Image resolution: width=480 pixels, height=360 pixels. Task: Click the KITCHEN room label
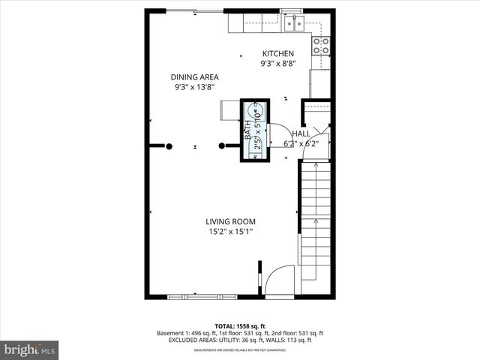click(277, 53)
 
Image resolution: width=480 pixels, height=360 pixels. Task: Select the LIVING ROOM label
click(231, 221)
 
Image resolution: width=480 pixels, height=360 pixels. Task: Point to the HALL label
click(301, 133)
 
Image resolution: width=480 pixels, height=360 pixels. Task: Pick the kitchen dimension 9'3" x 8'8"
click(277, 64)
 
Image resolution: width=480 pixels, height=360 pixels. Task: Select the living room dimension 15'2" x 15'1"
click(231, 232)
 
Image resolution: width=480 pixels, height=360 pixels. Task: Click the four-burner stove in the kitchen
click(323, 45)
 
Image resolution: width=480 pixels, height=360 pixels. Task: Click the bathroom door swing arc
click(274, 135)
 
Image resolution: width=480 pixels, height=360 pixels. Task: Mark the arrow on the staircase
click(316, 225)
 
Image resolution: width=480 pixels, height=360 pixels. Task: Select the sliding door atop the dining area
click(193, 10)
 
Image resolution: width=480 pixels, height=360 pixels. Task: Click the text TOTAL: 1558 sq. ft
click(239, 325)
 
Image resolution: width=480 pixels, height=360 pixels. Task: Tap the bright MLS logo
click(30, 349)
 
